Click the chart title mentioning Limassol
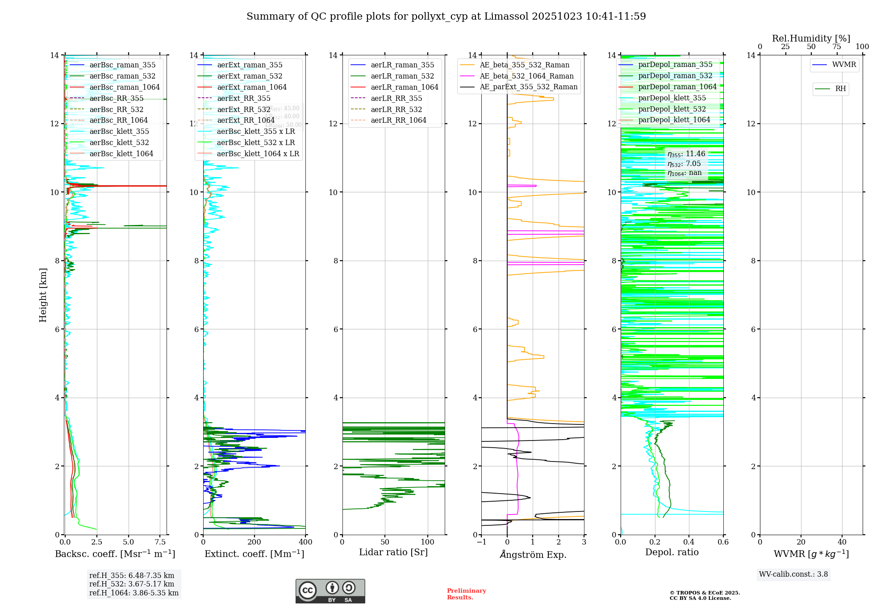(x=446, y=17)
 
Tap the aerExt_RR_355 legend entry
(x=243, y=98)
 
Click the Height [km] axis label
(x=43, y=295)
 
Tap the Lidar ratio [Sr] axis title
(x=393, y=552)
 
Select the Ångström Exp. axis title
(x=533, y=554)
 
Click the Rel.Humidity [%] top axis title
(x=811, y=38)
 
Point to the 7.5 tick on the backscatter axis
(x=160, y=542)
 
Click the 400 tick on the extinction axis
(x=305, y=542)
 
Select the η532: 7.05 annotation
(x=684, y=164)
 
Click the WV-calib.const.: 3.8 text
(x=793, y=574)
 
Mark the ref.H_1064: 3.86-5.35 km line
(x=134, y=593)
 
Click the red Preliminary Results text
(x=466, y=594)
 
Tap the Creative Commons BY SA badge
(x=330, y=591)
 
